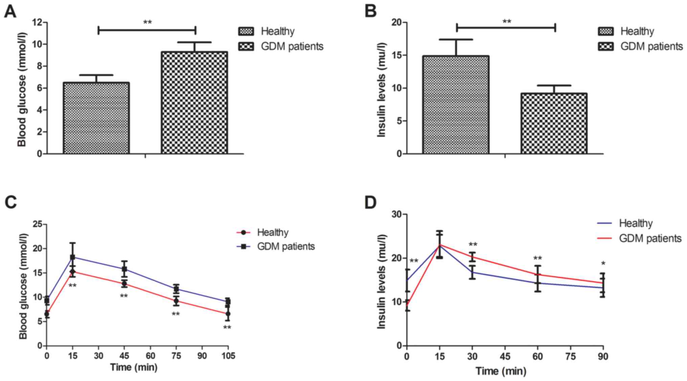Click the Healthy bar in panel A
click(x=96, y=118)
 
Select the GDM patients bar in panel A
click(x=194, y=103)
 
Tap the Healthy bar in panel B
click(x=456, y=105)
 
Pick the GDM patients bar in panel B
click(x=554, y=123)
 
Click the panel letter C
click(x=11, y=202)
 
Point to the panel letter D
click(x=371, y=202)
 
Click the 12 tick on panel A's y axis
click(x=38, y=23)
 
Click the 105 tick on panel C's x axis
click(x=228, y=356)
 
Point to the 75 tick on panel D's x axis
click(x=570, y=356)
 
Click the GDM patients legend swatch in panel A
click(x=246, y=46)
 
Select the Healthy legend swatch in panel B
click(x=605, y=31)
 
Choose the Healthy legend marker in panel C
click(x=244, y=233)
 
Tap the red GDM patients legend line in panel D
click(x=605, y=238)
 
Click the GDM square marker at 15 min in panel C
click(x=72, y=257)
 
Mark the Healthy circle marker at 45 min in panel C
click(x=124, y=283)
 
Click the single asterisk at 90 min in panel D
click(x=603, y=264)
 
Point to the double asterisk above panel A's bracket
click(x=147, y=23)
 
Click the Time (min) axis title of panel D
click(x=501, y=371)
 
